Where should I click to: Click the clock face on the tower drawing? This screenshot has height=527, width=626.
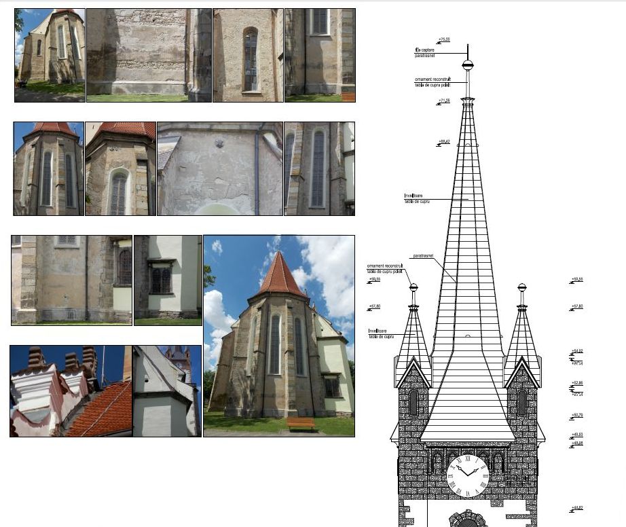point(468,475)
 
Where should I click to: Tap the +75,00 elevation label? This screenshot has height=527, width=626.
point(445,40)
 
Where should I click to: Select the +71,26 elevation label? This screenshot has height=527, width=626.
point(445,101)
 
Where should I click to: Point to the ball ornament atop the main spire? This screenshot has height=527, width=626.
point(467,66)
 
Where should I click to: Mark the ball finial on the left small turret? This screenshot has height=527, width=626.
point(413,287)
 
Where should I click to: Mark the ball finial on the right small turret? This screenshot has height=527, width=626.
point(521,287)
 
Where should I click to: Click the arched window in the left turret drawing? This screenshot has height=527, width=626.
point(413,402)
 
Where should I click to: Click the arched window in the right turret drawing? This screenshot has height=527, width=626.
point(521,402)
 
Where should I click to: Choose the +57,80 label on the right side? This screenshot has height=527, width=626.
point(577,306)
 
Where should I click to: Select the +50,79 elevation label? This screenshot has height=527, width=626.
point(577,415)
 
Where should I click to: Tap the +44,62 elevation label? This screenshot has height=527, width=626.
point(577,508)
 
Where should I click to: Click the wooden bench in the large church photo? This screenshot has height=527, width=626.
point(301,423)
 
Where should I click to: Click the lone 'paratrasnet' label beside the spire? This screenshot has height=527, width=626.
point(423,256)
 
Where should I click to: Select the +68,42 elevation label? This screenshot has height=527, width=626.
point(445,142)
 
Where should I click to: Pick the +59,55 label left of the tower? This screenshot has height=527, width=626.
point(374,279)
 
